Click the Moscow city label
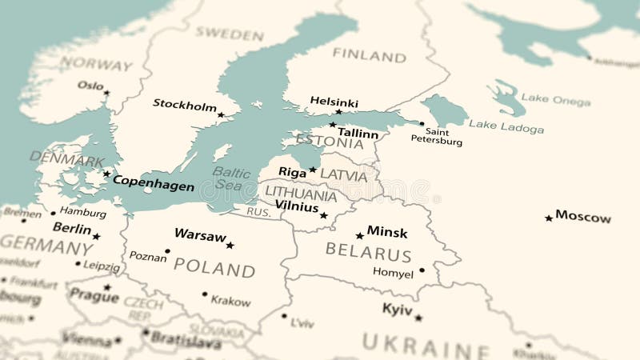point(583,217)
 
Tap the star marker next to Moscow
point(549,218)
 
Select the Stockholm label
point(185,104)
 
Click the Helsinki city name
point(334,102)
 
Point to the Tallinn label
point(358,134)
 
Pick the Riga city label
point(292,172)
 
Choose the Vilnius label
point(296,206)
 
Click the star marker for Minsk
point(360,235)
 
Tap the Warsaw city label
point(200,235)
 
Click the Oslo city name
point(90,85)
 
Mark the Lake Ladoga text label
point(506,126)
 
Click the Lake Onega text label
point(556,99)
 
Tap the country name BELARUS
point(368,254)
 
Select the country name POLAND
point(214,268)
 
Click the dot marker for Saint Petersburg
point(422,123)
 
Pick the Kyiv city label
point(397,309)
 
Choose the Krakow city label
point(230,302)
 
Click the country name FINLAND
point(370,55)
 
